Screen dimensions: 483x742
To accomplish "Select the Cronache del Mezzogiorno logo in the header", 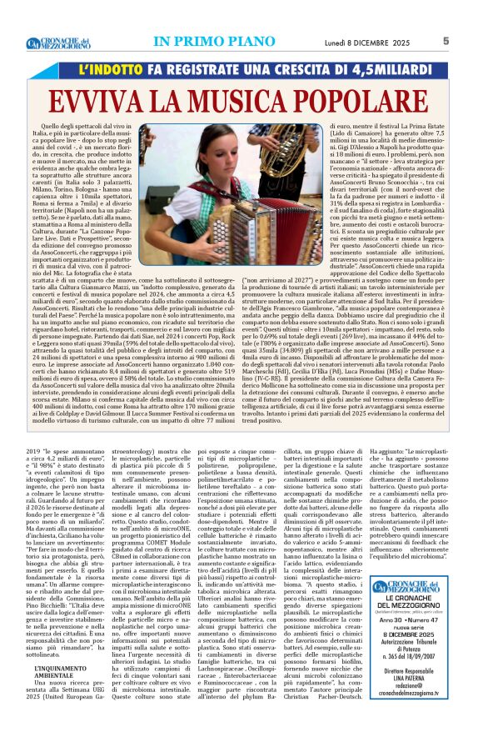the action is point(57,43).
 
